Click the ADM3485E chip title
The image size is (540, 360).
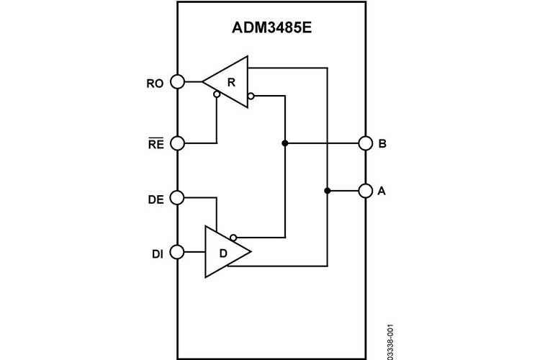tap(271, 30)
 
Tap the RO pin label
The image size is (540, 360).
tap(155, 84)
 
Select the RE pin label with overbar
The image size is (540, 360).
tap(156, 143)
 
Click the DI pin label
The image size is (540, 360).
tap(157, 253)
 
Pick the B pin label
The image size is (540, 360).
tap(382, 143)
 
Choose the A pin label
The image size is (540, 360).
tap(382, 191)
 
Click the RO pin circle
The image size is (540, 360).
tap(177, 82)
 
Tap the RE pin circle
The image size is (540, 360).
tap(177, 143)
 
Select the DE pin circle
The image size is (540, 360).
tap(177, 197)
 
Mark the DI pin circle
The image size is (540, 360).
tap(177, 252)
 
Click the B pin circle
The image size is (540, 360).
tap(365, 143)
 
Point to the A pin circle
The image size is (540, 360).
tap(365, 191)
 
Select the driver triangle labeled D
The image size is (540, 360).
tap(223, 252)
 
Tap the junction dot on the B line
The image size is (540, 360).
tap(285, 143)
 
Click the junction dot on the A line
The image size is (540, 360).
tap(328, 191)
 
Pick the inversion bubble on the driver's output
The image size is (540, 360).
tap(233, 236)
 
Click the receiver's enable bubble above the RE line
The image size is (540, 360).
tap(217, 94)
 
